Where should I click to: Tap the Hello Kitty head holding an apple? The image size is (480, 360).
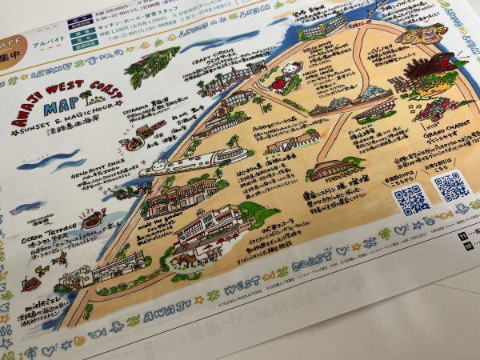click(x=294, y=71)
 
